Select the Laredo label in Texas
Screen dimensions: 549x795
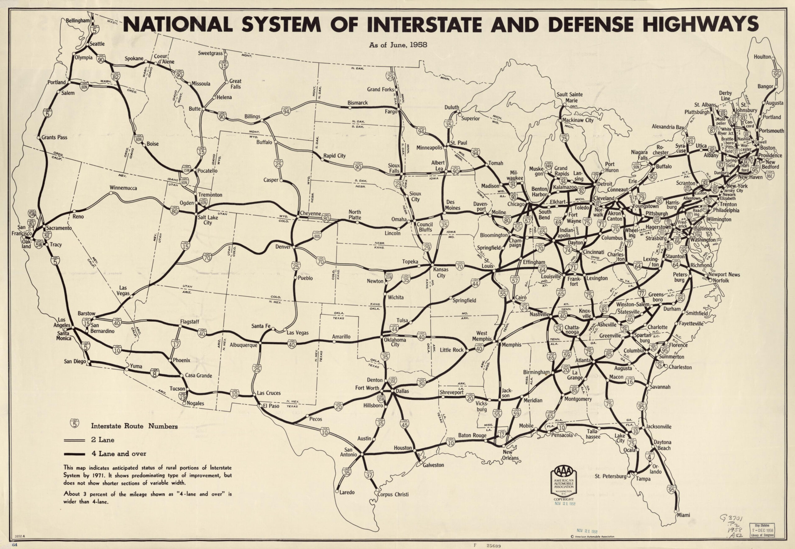pos(347,492)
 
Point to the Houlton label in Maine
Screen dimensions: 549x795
pos(762,57)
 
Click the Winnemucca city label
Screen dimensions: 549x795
pos(124,188)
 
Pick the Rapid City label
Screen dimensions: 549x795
pos(334,156)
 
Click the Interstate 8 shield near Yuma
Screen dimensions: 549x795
pos(154,373)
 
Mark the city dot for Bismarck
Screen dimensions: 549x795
pos(349,107)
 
